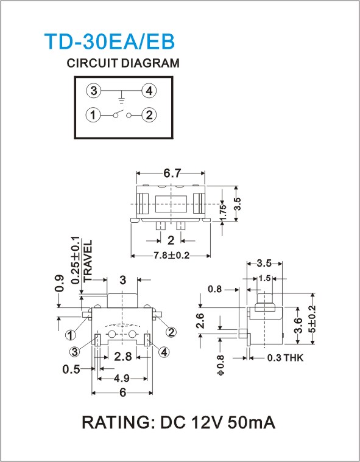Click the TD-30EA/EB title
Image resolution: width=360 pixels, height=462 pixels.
point(110,41)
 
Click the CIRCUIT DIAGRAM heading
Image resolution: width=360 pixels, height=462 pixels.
point(123,63)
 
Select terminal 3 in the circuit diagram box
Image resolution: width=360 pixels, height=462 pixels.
point(94,91)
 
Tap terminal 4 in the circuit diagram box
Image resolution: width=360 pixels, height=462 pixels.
point(149,91)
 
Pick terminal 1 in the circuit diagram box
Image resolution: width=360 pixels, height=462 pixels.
point(93,115)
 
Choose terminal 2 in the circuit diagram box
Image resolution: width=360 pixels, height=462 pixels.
point(149,115)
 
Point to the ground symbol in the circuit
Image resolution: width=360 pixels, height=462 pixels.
point(121,98)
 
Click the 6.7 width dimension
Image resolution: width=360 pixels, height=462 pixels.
point(172,173)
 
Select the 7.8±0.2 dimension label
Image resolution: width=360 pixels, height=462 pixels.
point(171,255)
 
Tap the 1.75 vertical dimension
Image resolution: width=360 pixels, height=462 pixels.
point(223,211)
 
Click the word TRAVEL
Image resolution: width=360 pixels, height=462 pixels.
point(88,261)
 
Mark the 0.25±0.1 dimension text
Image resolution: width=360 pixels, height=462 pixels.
point(76,260)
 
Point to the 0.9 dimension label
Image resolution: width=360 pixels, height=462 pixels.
point(59,283)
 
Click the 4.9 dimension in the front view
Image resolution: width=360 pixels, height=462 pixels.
point(122,378)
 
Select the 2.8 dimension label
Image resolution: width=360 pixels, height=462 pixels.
point(123,357)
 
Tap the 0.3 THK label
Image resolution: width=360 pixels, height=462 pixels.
point(285,358)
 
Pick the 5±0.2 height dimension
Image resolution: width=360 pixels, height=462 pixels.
point(312,319)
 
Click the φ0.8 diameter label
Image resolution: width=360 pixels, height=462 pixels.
point(221,365)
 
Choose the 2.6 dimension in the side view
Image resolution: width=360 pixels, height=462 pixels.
point(200,321)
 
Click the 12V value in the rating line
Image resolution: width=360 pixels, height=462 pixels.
point(207,422)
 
